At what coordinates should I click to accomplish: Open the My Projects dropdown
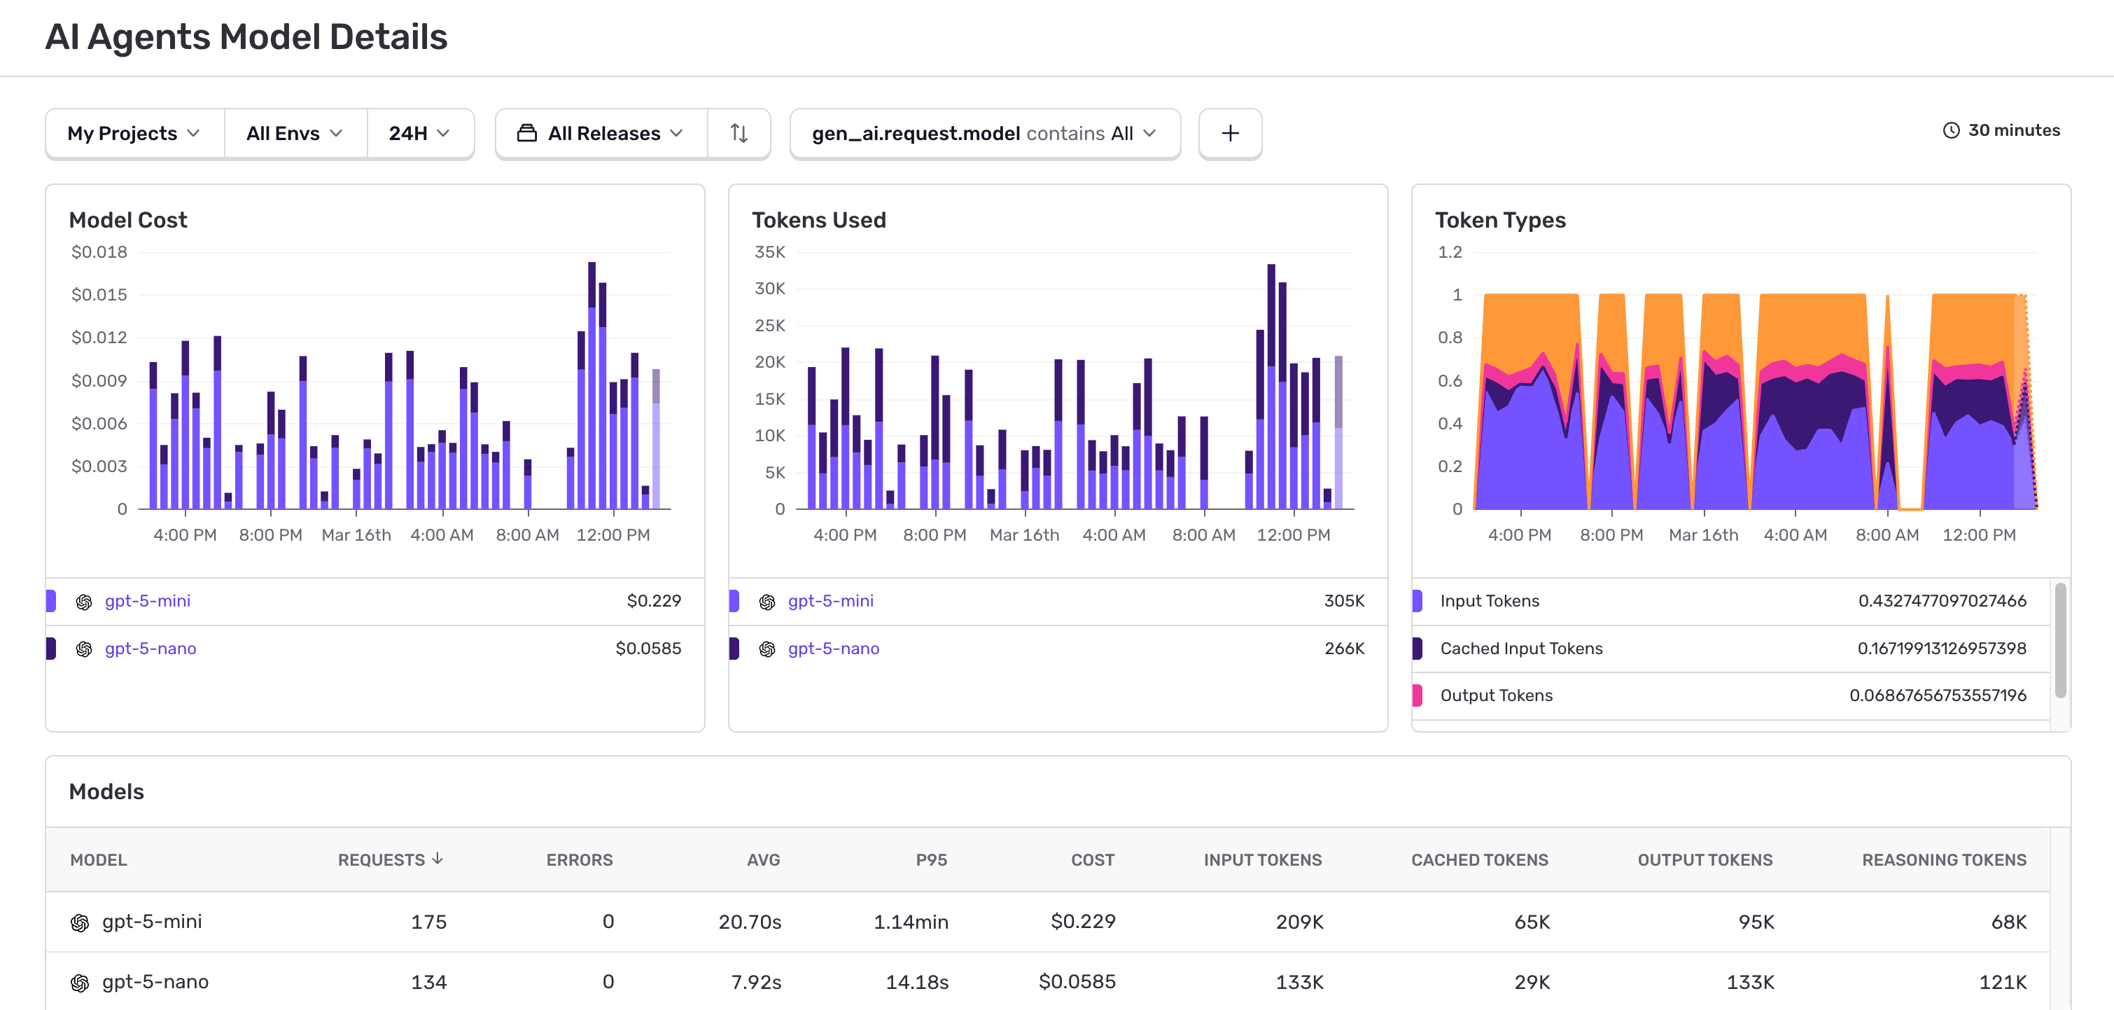click(134, 133)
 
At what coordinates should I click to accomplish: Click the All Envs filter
click(294, 133)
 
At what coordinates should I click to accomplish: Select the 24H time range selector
click(419, 133)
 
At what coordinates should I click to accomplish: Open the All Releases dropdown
click(601, 133)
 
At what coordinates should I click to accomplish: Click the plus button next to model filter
click(1229, 133)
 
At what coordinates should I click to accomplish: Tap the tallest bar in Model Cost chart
click(591, 386)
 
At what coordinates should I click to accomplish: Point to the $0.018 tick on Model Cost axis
click(99, 252)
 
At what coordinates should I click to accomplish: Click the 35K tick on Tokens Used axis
click(769, 252)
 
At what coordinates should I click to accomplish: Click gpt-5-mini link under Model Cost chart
click(148, 601)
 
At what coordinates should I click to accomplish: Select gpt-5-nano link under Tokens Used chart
click(833, 649)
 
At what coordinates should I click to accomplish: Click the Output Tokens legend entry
click(1495, 696)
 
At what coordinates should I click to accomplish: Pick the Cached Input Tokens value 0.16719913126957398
click(1941, 649)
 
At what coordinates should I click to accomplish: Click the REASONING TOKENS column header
click(1943, 859)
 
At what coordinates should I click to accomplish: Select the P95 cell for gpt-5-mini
click(910, 922)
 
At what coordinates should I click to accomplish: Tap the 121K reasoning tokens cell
click(2003, 982)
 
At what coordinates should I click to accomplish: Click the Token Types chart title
click(1499, 220)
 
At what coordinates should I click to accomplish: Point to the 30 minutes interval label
click(2012, 130)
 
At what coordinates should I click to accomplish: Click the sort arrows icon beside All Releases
click(738, 133)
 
